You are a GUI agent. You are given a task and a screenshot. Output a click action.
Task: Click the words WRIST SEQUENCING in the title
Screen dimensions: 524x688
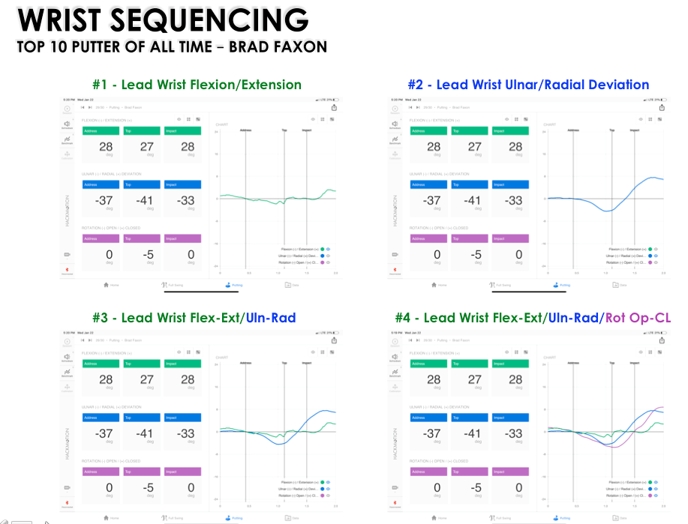[163, 20]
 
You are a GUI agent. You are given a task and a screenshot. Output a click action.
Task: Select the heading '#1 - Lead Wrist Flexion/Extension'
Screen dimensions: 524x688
[197, 85]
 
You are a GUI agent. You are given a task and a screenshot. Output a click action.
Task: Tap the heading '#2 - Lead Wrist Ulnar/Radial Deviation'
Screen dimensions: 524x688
[528, 85]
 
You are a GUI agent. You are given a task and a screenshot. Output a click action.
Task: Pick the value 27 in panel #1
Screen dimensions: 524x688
[147, 147]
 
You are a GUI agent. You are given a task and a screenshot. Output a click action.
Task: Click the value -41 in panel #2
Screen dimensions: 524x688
[472, 201]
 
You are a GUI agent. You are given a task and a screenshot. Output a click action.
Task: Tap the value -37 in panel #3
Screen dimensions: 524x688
[106, 433]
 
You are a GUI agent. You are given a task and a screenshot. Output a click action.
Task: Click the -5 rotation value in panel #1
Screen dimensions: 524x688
[147, 255]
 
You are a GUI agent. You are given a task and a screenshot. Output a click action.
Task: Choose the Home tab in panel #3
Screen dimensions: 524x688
[113, 518]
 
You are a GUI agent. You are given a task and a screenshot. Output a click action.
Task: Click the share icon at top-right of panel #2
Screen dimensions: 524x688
[661, 107]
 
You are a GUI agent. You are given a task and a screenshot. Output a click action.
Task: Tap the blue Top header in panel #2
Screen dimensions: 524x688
[472, 184]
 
